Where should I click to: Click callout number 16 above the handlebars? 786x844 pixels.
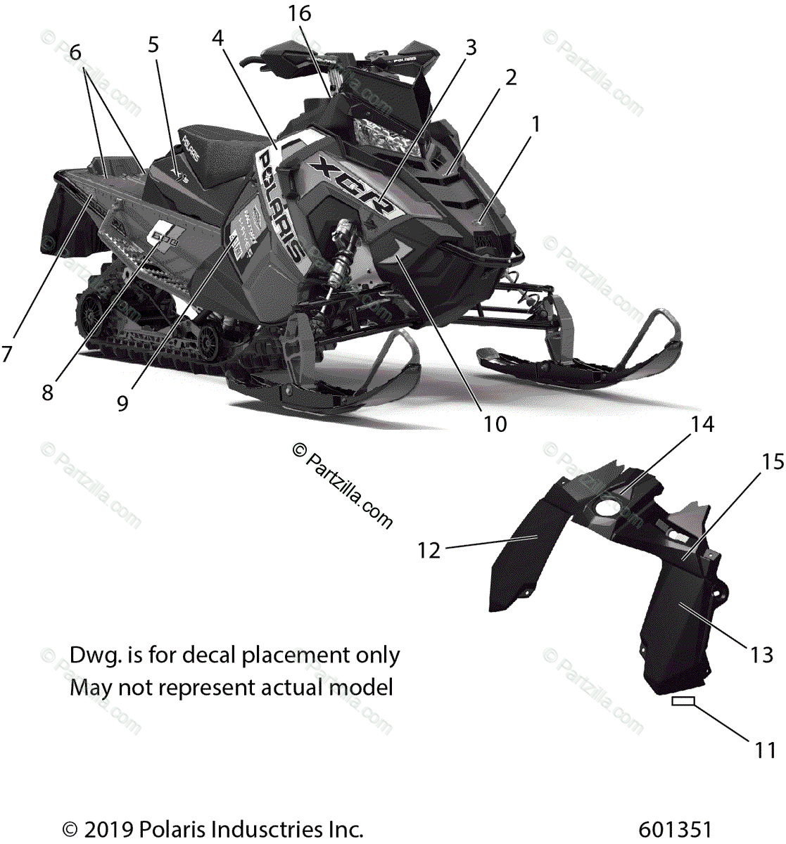(299, 13)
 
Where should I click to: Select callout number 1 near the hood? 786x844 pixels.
(536, 124)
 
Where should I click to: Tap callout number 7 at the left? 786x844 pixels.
(6, 354)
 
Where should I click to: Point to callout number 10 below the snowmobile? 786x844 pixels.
(495, 424)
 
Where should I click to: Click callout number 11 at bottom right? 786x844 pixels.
(765, 750)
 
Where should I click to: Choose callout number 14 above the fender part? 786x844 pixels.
(702, 424)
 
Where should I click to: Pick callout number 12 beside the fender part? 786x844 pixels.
(429, 550)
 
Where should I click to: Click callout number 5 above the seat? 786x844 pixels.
(153, 45)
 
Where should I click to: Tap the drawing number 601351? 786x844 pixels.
(676, 829)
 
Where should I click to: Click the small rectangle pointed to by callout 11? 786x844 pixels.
(683, 701)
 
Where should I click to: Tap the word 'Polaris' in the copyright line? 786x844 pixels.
(168, 829)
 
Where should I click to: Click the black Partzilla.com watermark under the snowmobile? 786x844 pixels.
(343, 485)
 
